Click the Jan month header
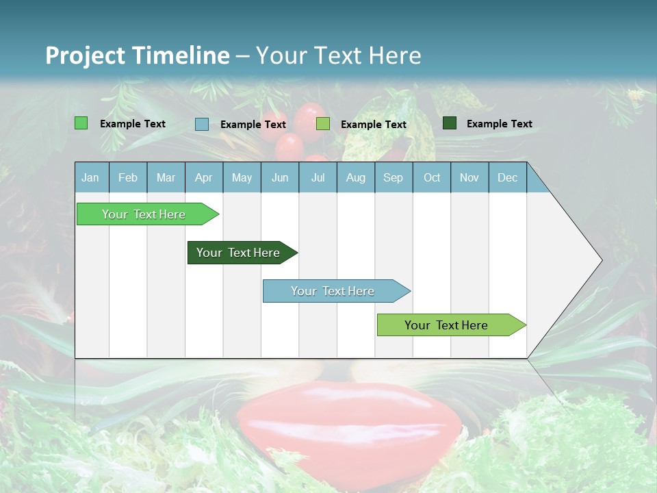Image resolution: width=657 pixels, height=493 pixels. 91,177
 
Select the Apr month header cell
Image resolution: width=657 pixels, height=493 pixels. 204,177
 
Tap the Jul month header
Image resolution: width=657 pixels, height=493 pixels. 318,177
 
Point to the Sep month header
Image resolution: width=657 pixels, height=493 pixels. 394,177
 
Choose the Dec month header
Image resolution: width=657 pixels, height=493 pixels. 507,177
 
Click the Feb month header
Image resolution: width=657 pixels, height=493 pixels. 128,177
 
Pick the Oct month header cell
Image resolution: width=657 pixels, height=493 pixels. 432,177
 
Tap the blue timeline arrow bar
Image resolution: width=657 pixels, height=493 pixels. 333,291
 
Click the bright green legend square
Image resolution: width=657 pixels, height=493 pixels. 81,123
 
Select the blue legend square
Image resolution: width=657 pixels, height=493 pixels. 202,124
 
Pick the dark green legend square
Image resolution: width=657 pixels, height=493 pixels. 450,123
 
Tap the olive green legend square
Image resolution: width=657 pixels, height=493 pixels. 323,124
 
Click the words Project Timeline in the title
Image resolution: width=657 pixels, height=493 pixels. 138,55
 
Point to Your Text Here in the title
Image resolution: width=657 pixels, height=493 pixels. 338,55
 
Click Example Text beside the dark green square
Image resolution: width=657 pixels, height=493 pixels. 499,124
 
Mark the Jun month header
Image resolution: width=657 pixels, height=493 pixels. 280,177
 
